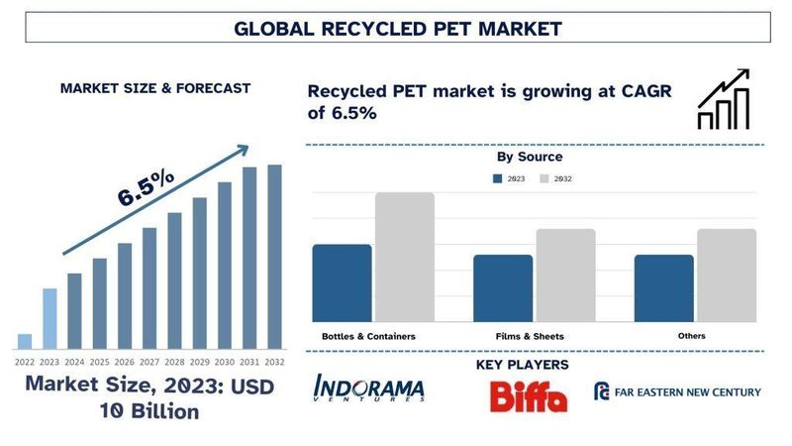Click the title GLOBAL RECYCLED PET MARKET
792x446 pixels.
[x=397, y=28]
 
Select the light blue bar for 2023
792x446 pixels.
[x=49, y=318]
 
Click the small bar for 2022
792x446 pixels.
[x=25, y=341]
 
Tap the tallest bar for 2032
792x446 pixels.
[x=274, y=257]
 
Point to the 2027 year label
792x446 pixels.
[x=149, y=362]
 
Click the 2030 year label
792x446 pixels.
[x=225, y=362]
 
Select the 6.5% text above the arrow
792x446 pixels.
[x=146, y=187]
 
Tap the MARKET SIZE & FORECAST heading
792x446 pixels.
[x=155, y=87]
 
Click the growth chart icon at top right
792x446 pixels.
[x=729, y=100]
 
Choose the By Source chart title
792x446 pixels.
[x=530, y=157]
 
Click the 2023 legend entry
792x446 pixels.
[x=509, y=178]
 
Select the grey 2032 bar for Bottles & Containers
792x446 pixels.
[x=404, y=257]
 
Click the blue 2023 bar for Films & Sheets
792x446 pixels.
[x=503, y=287]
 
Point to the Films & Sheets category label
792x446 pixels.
[x=532, y=337]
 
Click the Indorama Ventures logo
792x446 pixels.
[x=368, y=389]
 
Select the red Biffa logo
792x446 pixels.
[x=529, y=395]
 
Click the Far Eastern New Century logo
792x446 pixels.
[x=677, y=391]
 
